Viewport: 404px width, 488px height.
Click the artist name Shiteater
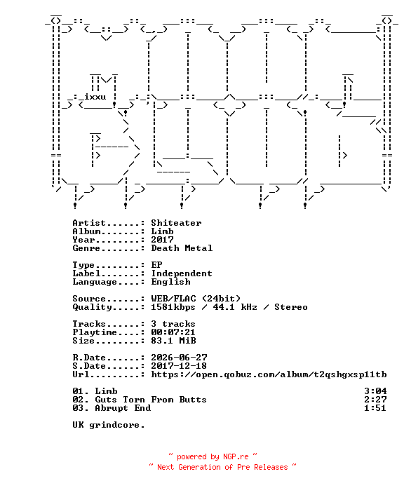coord(176,223)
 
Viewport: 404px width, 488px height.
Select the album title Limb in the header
coord(162,231)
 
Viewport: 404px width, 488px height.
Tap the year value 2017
coord(162,240)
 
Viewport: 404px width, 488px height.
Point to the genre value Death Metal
coord(182,248)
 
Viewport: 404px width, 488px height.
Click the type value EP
coord(156,265)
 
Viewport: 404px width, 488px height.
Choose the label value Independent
coord(182,273)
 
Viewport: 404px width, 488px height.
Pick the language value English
coord(170,282)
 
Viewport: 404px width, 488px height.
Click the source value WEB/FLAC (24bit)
coord(196,299)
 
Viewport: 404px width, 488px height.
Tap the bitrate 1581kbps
coord(173,307)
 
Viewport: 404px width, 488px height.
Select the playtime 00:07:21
coord(173,332)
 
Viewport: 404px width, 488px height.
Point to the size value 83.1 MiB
coord(173,341)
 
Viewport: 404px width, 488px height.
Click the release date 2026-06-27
coord(179,358)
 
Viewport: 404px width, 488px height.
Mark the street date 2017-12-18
coord(179,366)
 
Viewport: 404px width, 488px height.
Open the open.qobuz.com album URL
coord(269,374)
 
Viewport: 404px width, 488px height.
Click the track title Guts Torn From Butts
coord(151,400)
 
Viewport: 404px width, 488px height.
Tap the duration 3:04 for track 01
coord(375,391)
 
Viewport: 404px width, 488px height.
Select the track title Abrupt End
coord(123,408)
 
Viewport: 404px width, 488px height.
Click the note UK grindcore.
coord(109,425)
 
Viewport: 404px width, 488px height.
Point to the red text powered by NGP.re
coord(213,456)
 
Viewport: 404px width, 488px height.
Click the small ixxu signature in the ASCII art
coord(95,97)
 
